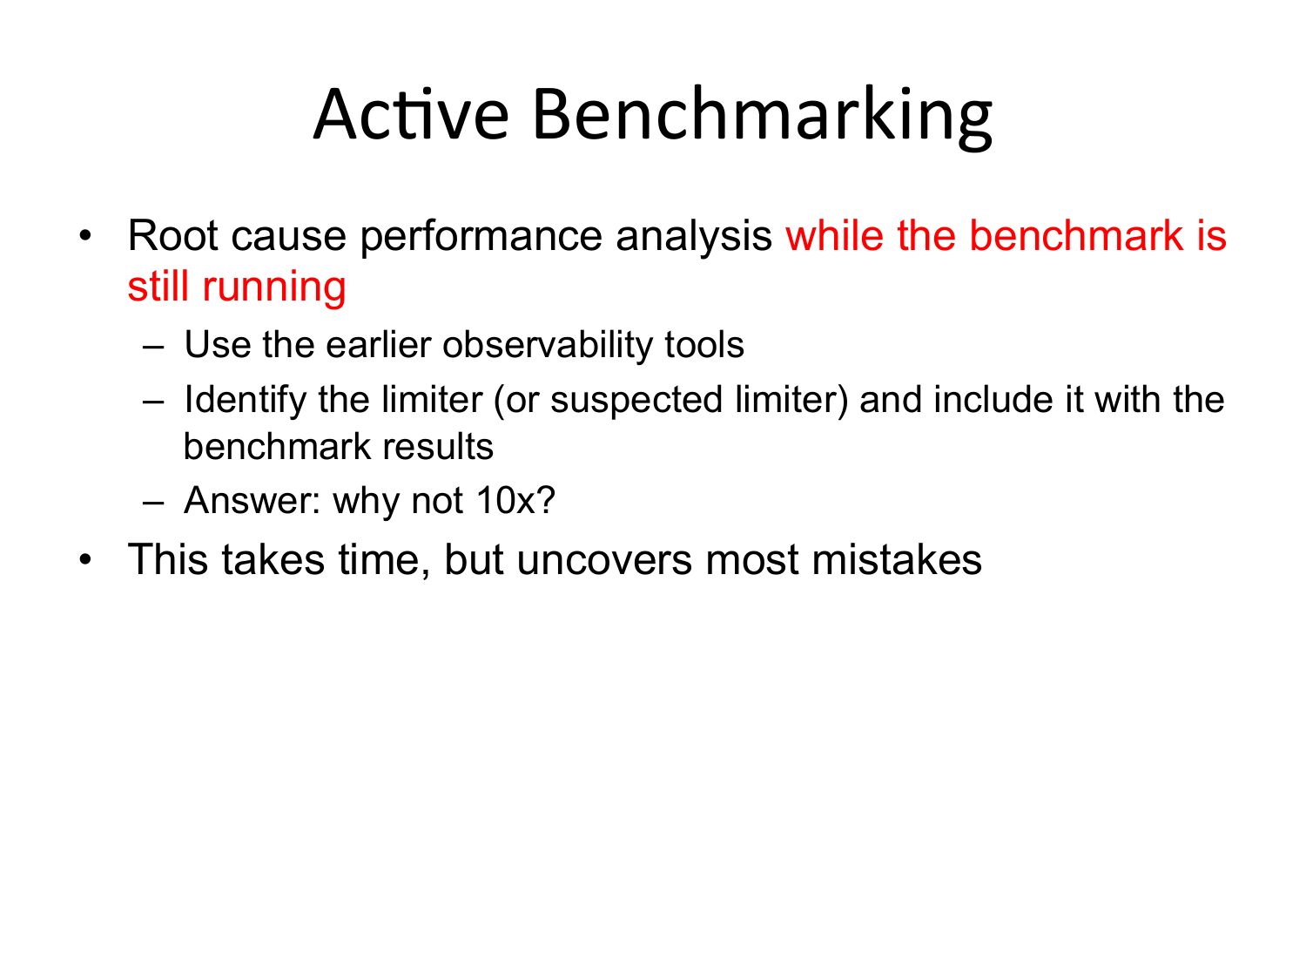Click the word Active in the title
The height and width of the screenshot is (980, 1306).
pyautogui.click(x=411, y=113)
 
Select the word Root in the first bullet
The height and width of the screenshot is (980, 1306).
pyautogui.click(x=172, y=235)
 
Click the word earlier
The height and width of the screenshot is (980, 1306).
pyautogui.click(x=378, y=344)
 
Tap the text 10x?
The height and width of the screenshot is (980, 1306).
pyautogui.click(x=515, y=500)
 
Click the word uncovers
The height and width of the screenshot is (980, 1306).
pyautogui.click(x=604, y=560)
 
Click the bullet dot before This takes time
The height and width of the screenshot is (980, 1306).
pyautogui.click(x=85, y=560)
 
